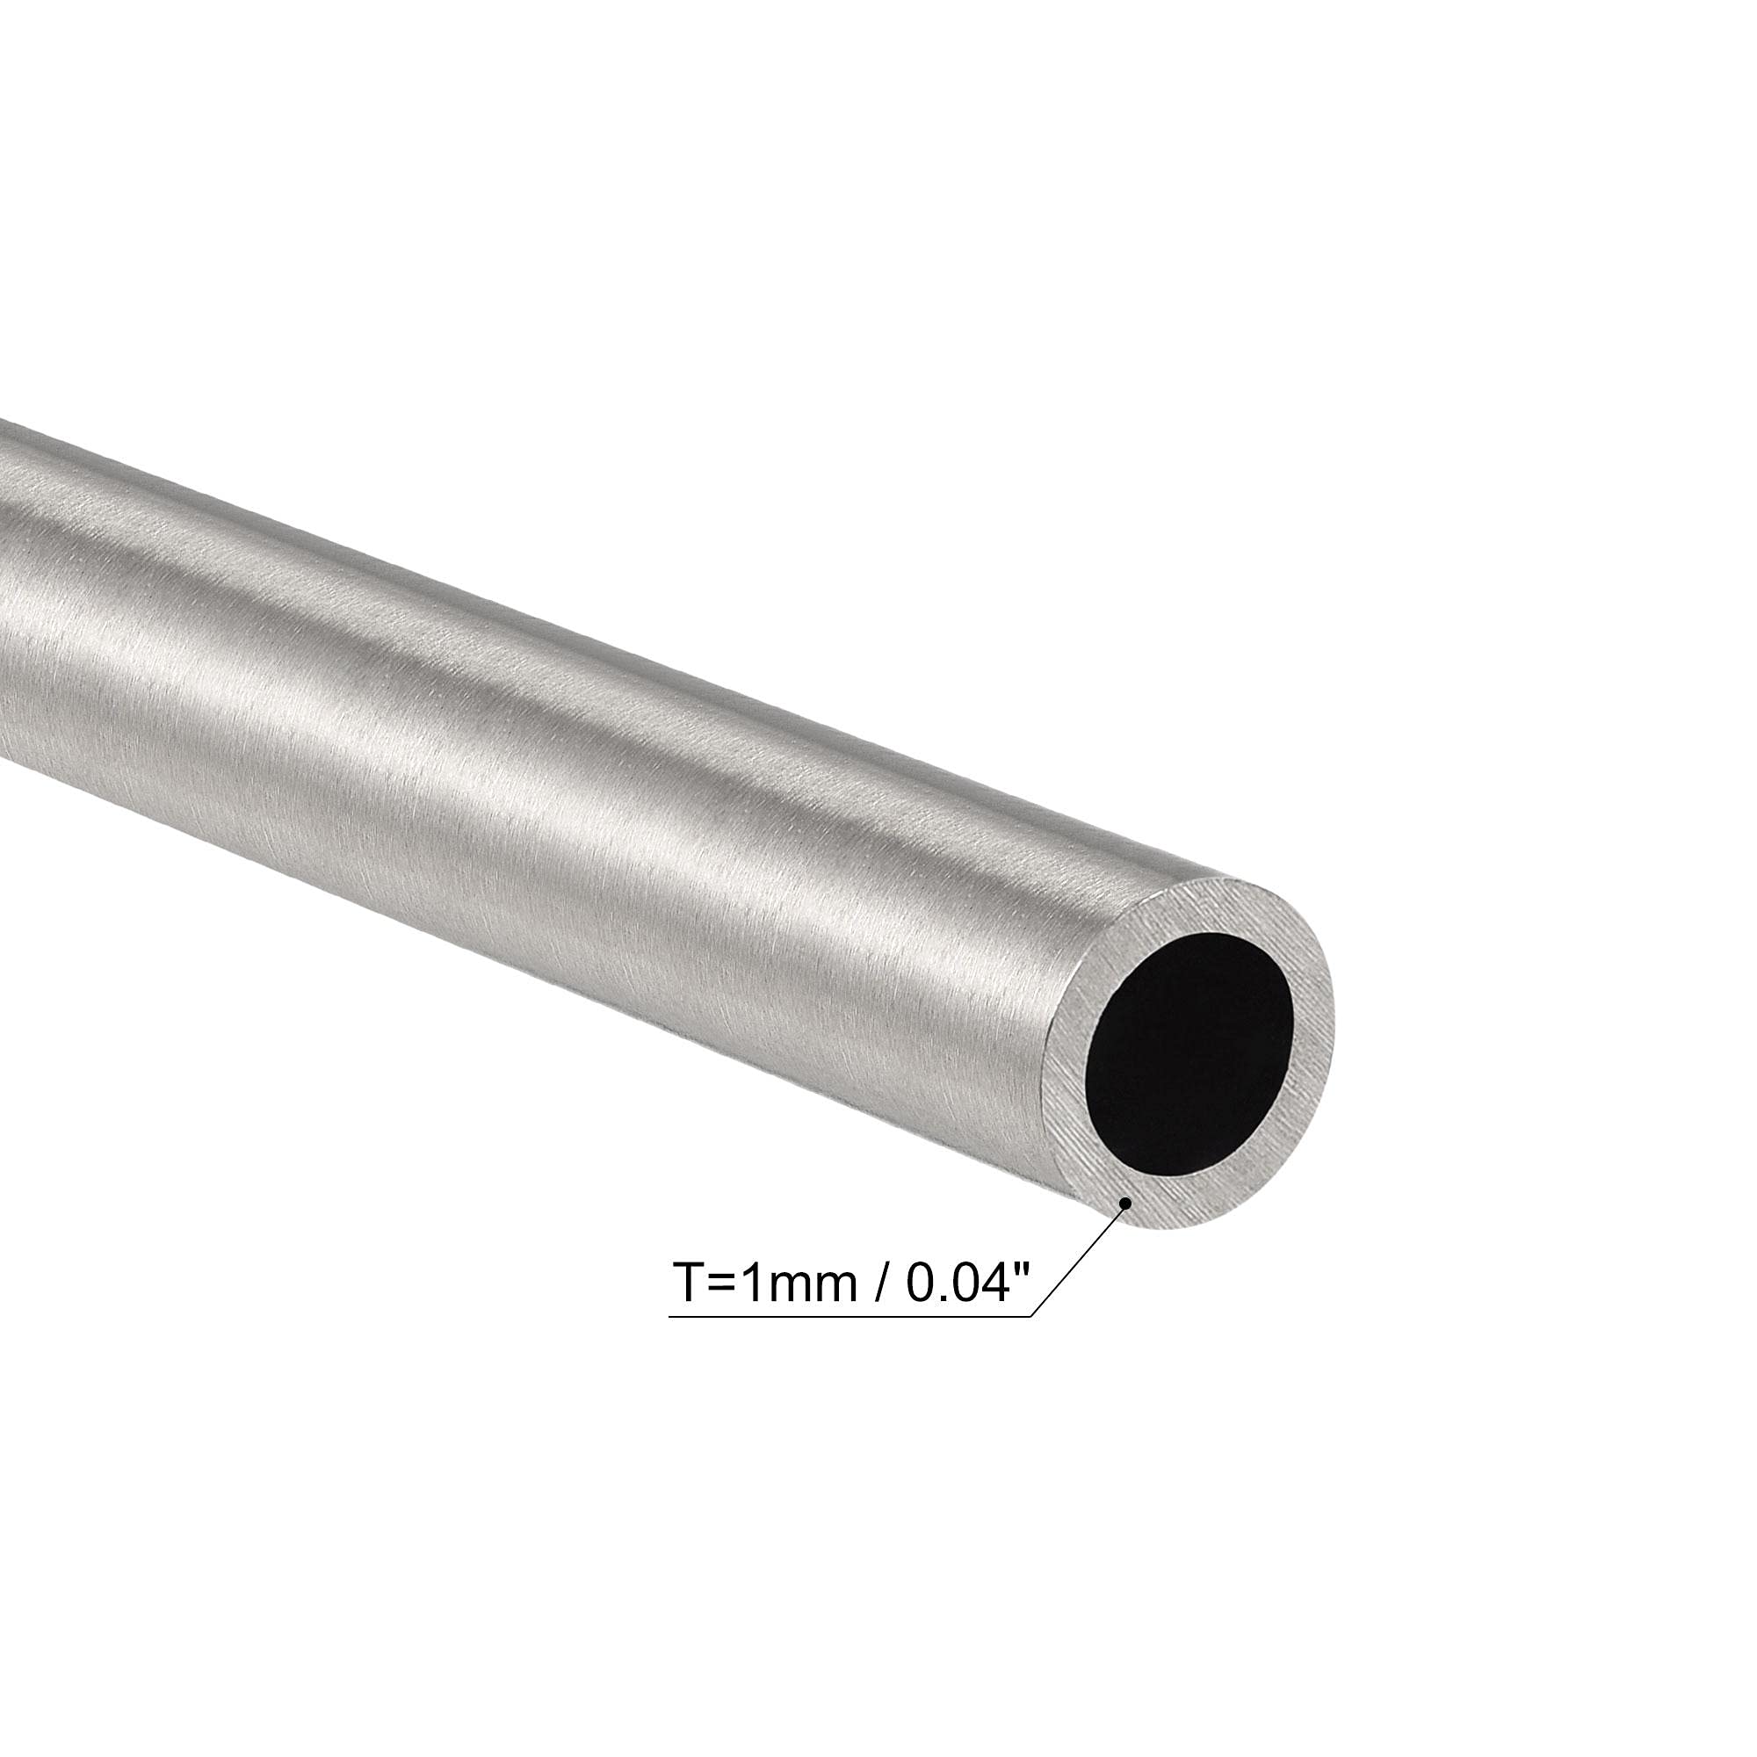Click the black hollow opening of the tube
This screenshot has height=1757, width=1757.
1189,1052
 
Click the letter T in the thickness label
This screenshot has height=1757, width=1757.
691,1283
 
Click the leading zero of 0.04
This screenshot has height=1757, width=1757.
920,1283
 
